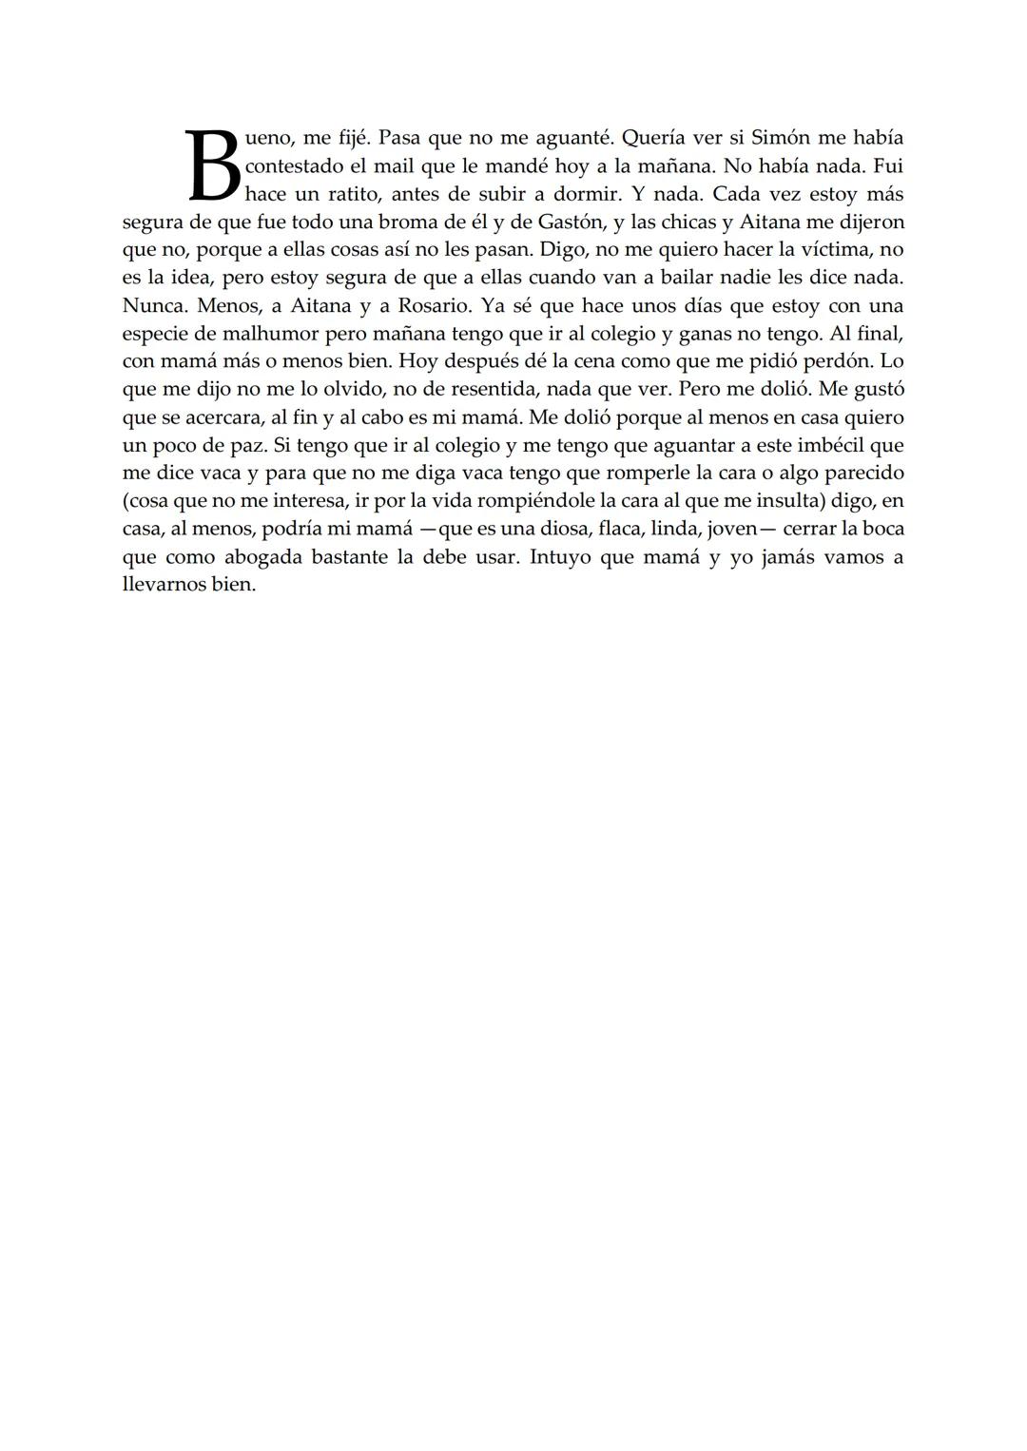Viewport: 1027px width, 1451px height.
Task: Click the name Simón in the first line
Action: [x=785, y=138]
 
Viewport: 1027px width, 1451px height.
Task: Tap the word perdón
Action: [x=831, y=361]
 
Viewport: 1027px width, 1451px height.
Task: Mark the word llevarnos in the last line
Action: [x=164, y=584]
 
